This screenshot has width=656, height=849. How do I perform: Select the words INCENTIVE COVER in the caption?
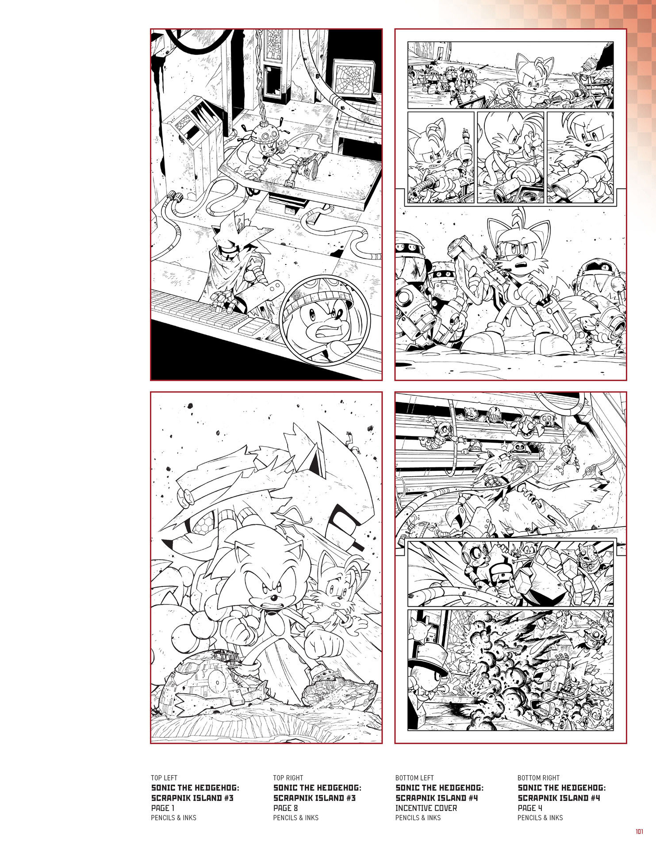pyautogui.click(x=426, y=808)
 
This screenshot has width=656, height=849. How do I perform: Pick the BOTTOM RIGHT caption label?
pyautogui.click(x=538, y=778)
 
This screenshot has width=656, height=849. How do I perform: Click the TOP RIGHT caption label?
pyautogui.click(x=288, y=778)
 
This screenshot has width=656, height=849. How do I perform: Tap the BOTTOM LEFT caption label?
pyautogui.click(x=414, y=778)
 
